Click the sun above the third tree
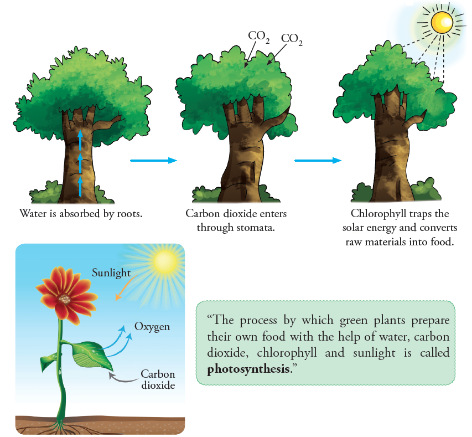click(x=442, y=22)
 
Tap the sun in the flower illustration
click(x=164, y=262)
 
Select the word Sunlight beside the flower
click(x=111, y=273)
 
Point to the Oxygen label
click(x=152, y=327)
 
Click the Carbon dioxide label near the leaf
click(x=158, y=379)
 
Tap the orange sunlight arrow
click(x=126, y=288)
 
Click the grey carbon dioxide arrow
click(x=123, y=378)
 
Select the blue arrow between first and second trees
click(x=153, y=160)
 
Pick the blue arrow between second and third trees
click(x=318, y=160)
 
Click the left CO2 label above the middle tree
click(x=258, y=37)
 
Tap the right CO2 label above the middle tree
click(x=292, y=39)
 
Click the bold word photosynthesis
click(x=248, y=369)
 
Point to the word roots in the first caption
click(x=129, y=214)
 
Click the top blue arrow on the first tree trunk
click(x=80, y=140)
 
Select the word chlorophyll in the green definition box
click(x=287, y=353)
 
